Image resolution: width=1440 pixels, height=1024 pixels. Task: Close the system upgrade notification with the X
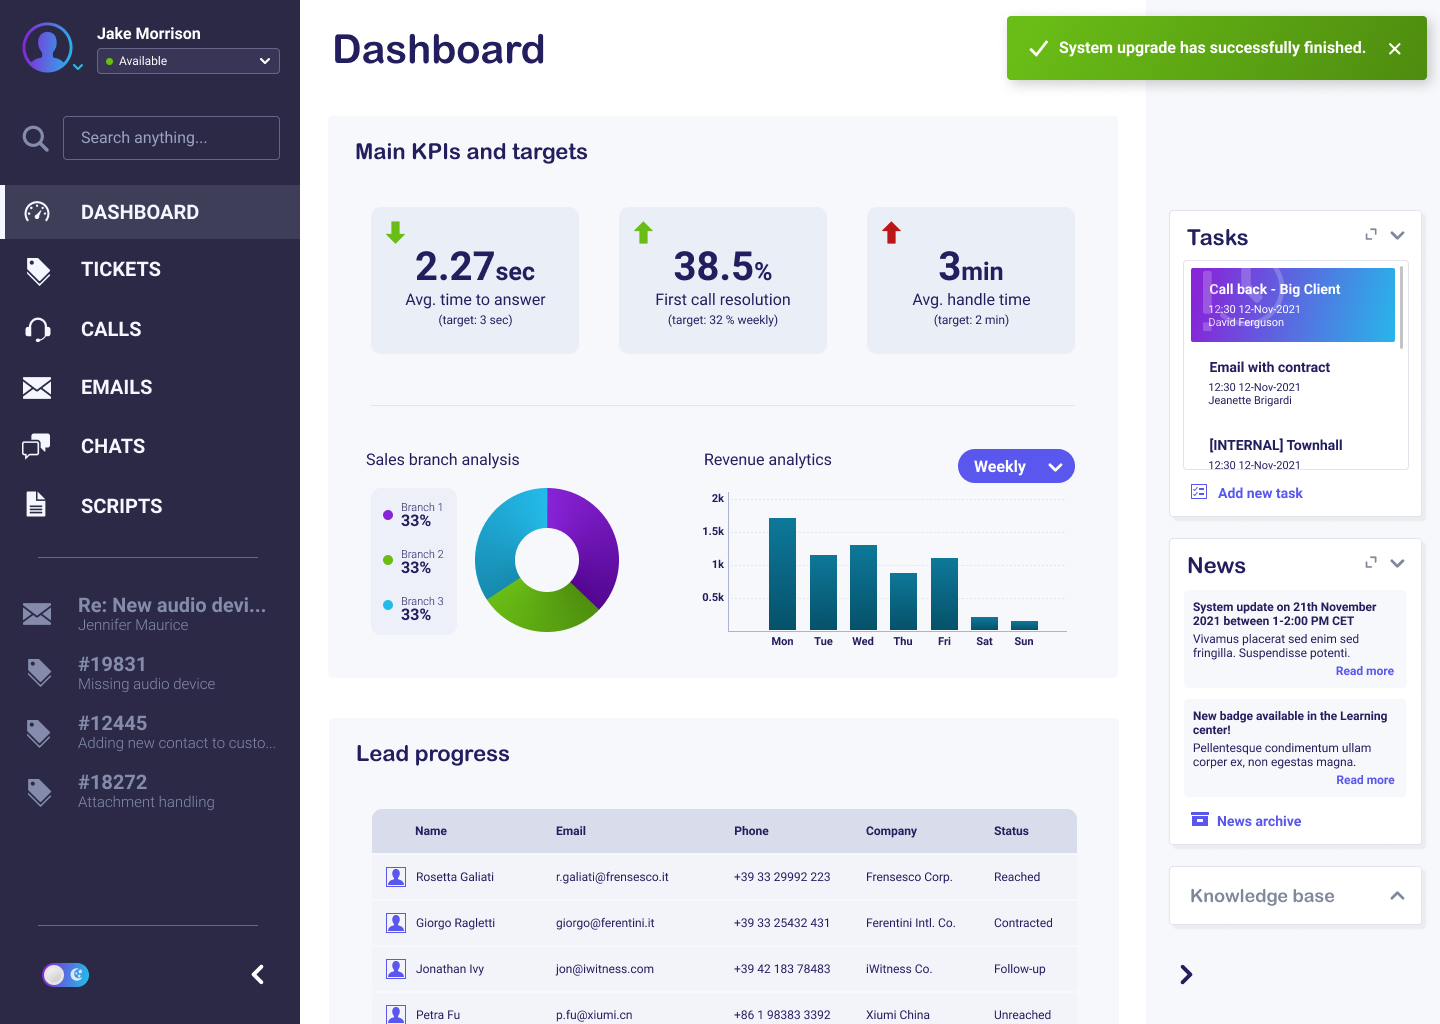1394,49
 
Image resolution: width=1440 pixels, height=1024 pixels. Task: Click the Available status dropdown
188,61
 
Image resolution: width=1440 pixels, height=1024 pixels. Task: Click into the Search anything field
171,138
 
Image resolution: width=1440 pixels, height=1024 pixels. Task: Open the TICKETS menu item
120,269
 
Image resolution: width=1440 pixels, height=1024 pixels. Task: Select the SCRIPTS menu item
122,506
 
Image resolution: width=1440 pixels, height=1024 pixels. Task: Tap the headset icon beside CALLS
37,329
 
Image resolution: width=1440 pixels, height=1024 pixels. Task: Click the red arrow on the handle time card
891,233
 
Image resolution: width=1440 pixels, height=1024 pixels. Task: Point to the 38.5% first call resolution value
723,266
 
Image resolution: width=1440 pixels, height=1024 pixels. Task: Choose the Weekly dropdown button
1016,466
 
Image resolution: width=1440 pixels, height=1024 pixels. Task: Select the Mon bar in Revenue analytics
782,574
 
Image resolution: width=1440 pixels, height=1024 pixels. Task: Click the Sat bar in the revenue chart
984,624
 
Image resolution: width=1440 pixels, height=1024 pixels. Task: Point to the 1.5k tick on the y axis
713,531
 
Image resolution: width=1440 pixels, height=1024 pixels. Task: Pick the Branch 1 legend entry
413,514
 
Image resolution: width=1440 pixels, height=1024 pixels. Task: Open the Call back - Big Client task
1292,305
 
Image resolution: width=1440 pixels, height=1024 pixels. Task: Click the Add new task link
1260,493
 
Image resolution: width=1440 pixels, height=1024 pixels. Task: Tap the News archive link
1259,821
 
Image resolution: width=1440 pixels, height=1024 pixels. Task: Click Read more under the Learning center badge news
1365,780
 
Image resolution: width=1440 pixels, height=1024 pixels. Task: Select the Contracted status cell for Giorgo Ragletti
1023,923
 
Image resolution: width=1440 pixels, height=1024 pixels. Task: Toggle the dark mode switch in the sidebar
66,975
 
